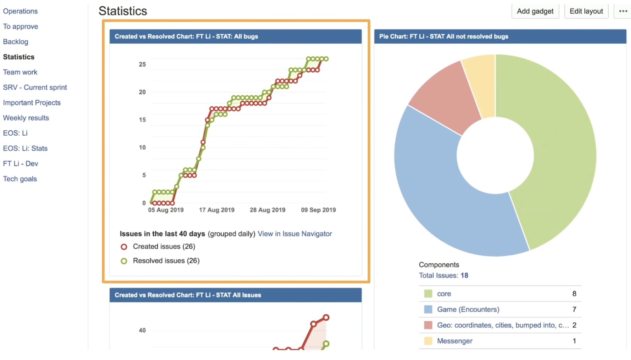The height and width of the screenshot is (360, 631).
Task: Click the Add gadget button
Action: [x=535, y=11]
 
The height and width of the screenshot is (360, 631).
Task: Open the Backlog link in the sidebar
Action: [x=16, y=42]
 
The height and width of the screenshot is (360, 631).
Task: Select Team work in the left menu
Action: [x=20, y=72]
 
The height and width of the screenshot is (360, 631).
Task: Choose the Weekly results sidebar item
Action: [x=26, y=118]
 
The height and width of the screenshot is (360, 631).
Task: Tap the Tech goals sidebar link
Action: [x=20, y=179]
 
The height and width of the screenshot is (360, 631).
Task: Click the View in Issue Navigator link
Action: [x=295, y=234]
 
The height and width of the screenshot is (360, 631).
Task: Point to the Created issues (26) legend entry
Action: [x=164, y=247]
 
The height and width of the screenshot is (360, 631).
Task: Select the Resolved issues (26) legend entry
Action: [x=166, y=261]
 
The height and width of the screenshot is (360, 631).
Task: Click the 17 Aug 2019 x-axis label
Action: [x=217, y=210]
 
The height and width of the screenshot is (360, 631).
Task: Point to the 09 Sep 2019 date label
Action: [x=318, y=210]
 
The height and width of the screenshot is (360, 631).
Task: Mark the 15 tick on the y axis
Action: [x=142, y=120]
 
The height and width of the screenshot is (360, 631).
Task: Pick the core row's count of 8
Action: [x=574, y=294]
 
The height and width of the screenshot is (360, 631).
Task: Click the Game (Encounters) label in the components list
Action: [x=468, y=310]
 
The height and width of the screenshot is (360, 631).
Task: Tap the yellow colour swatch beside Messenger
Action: [x=428, y=341]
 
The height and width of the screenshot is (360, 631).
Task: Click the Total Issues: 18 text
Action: [x=443, y=276]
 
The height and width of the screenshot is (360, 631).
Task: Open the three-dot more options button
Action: [x=623, y=11]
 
